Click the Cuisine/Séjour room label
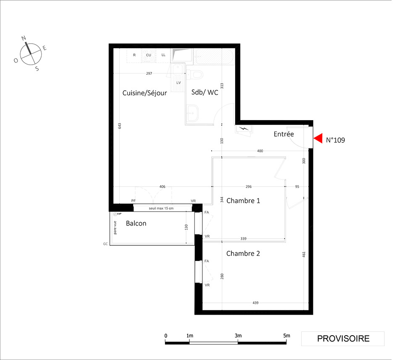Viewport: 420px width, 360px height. pos(144,93)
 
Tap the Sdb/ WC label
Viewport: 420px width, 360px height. pos(205,92)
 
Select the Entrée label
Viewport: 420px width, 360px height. pos(283,134)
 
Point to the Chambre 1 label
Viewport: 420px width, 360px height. pos(243,201)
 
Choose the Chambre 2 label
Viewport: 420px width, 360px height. pos(243,253)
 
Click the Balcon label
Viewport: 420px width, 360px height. pos(136,223)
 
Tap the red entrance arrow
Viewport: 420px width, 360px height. pos(318,139)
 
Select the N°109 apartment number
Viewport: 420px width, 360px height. pos(335,140)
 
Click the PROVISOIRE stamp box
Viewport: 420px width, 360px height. pos(343,339)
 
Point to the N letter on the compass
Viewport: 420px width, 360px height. pos(24,38)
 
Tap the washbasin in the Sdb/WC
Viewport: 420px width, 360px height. pos(192,113)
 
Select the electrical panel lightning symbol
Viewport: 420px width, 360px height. pos(244,129)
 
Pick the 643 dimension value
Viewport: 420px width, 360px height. pos(119,126)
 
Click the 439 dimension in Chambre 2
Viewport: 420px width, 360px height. pos(255,303)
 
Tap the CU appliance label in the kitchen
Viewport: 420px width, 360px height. pos(148,55)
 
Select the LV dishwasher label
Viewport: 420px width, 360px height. pos(178,83)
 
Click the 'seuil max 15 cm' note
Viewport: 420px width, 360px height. pos(161,208)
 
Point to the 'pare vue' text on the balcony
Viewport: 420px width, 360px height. pos(115,228)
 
